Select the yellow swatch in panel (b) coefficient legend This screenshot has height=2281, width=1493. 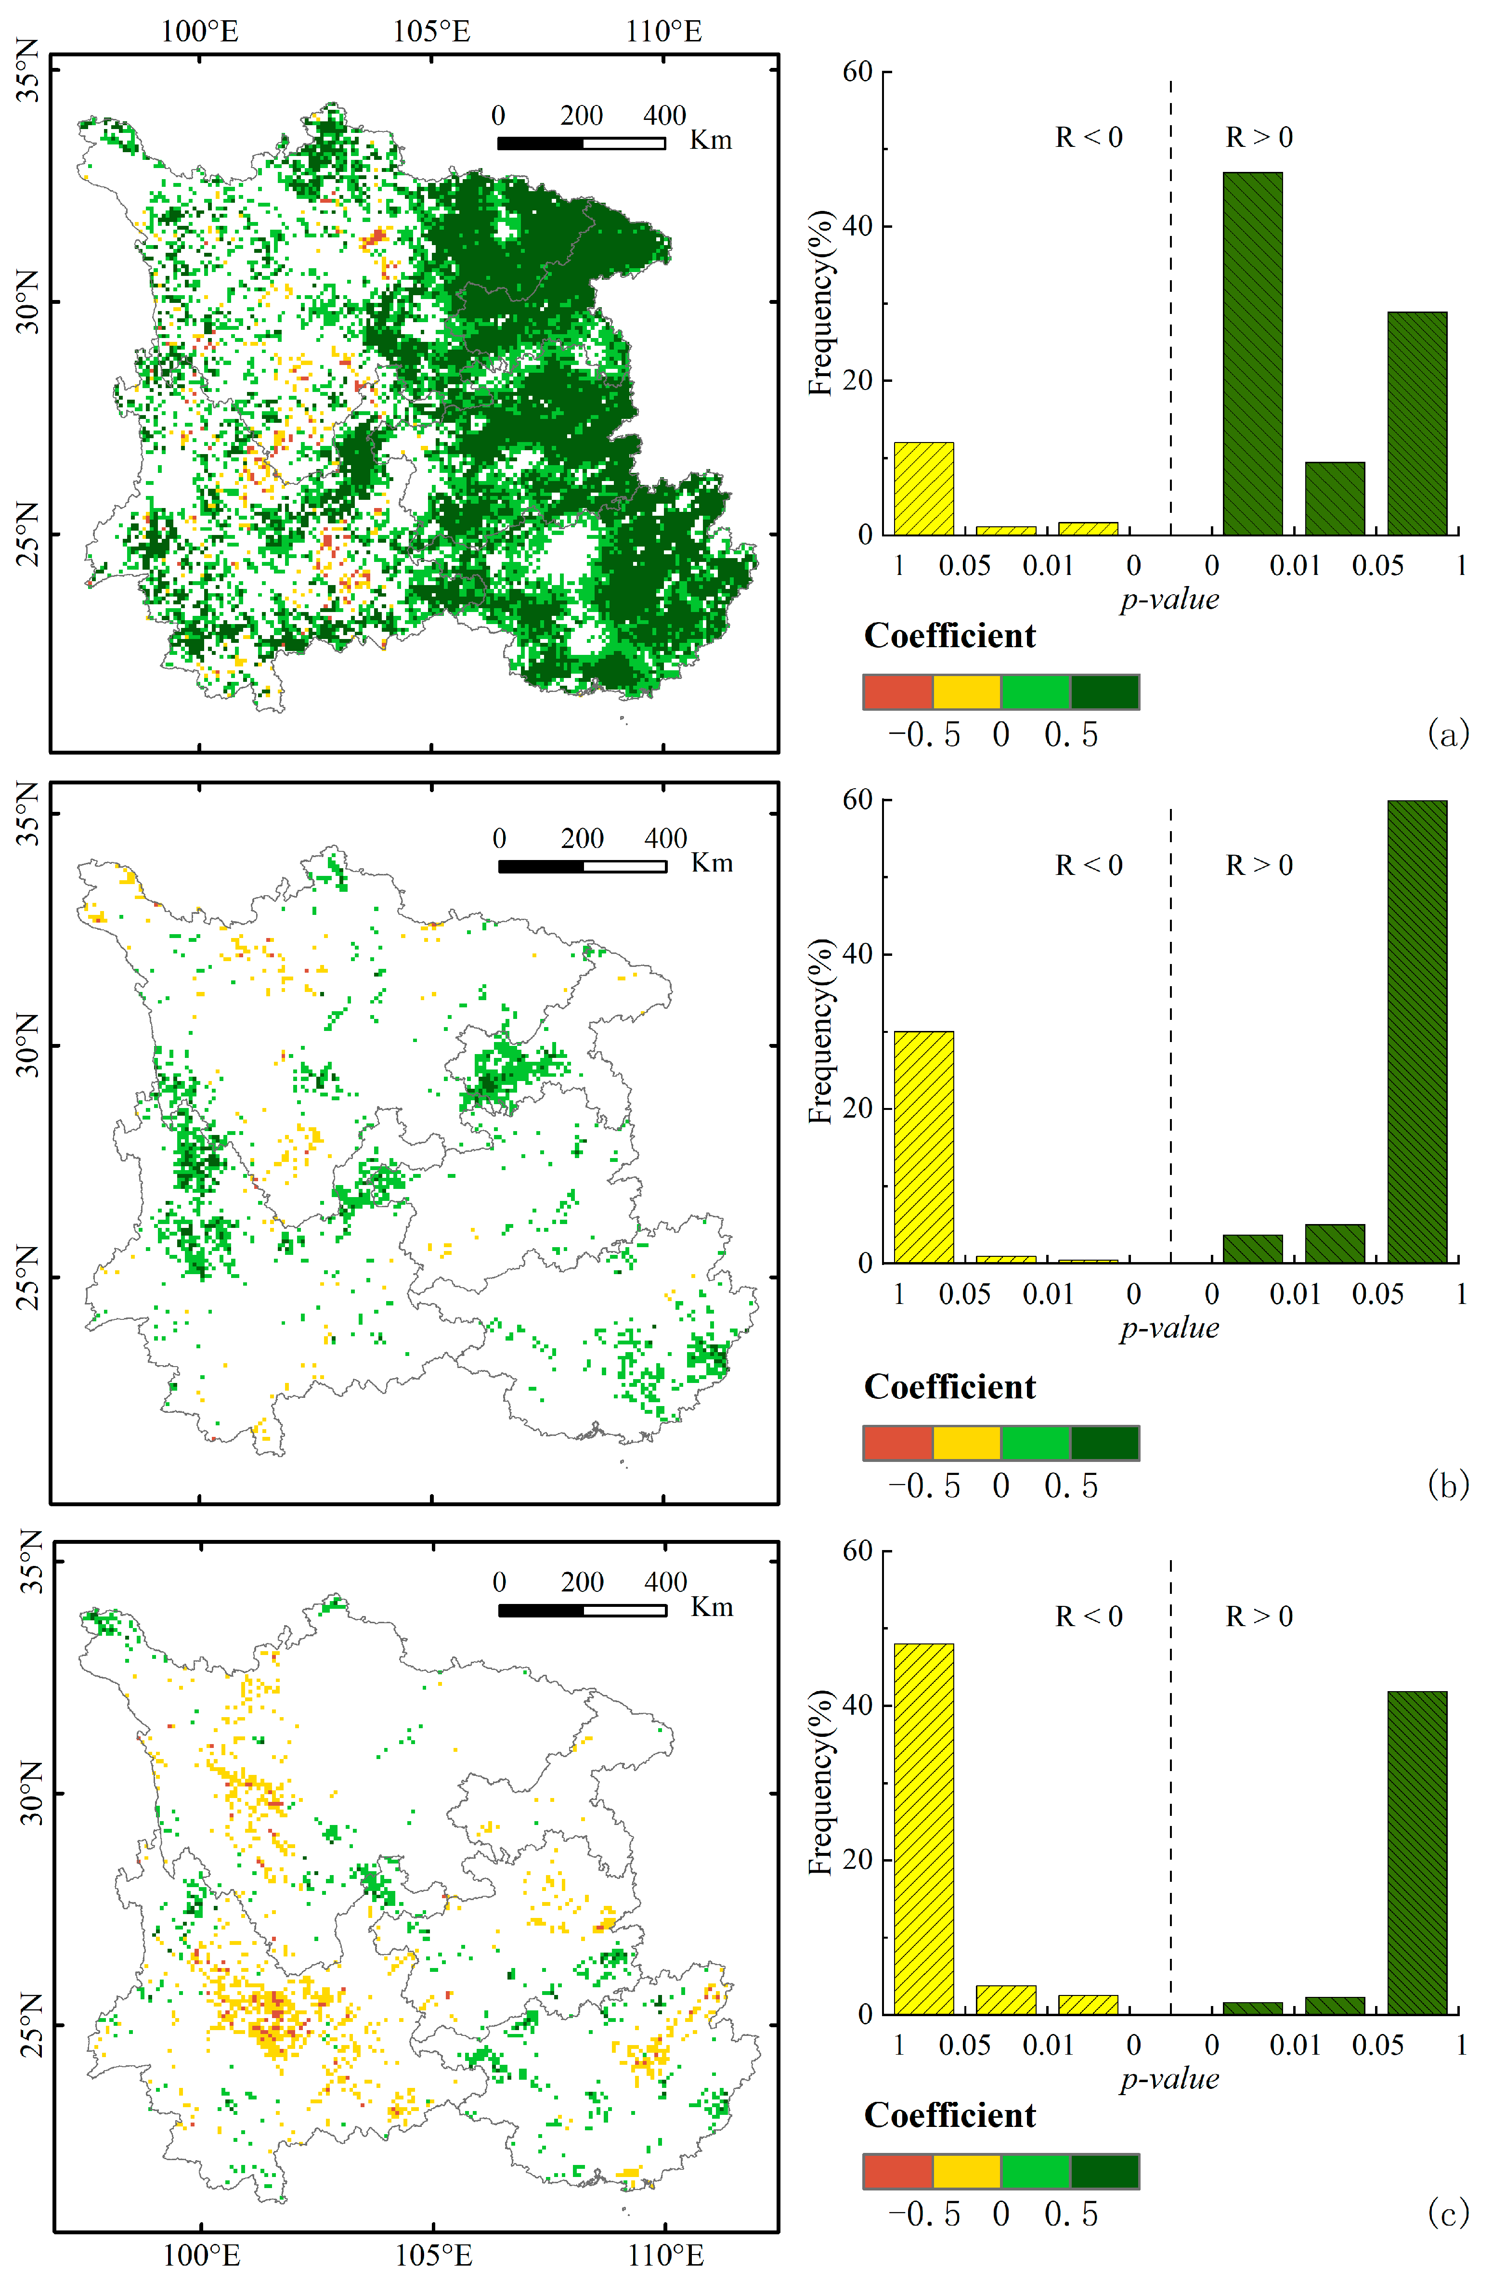pos(966,1442)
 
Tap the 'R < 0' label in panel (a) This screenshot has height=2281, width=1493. pos(1089,138)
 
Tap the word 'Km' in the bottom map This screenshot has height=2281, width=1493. pos(712,1607)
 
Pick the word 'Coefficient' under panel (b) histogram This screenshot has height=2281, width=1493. pos(949,1387)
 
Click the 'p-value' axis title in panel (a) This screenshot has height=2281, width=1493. pos(1169,600)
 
